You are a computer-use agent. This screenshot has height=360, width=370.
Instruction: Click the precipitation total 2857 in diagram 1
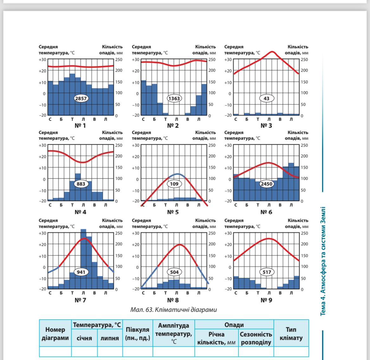[x=81, y=98]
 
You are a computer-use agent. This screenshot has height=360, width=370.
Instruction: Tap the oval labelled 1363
[x=174, y=98]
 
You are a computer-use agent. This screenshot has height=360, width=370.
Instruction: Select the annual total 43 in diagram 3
[x=266, y=98]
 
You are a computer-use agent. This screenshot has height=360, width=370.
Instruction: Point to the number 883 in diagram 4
[x=81, y=184]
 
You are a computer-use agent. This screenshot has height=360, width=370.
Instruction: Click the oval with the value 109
[x=174, y=184]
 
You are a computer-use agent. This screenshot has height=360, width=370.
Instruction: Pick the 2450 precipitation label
[x=266, y=184]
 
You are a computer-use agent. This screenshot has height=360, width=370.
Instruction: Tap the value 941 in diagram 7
[x=81, y=272]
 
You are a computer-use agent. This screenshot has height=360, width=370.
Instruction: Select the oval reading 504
[x=174, y=272]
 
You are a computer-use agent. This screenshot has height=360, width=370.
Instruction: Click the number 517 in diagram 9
[x=266, y=272]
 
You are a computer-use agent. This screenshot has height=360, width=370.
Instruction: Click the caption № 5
[x=173, y=212]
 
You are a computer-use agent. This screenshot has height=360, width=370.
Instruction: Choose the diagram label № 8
[x=173, y=300]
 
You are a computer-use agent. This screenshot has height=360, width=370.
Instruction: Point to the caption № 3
[x=266, y=126]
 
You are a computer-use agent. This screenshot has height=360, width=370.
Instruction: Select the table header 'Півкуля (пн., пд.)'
[x=137, y=333]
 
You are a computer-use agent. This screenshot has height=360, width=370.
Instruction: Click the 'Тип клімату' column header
[x=291, y=334]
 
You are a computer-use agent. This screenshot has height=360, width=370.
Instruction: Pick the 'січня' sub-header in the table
[x=84, y=338]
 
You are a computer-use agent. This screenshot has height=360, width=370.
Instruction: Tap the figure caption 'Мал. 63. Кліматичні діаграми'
[x=173, y=310]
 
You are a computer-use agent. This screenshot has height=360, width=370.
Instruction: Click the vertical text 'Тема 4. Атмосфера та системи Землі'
[x=323, y=261]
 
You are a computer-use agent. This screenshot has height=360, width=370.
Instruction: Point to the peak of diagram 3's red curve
[x=272, y=52]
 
